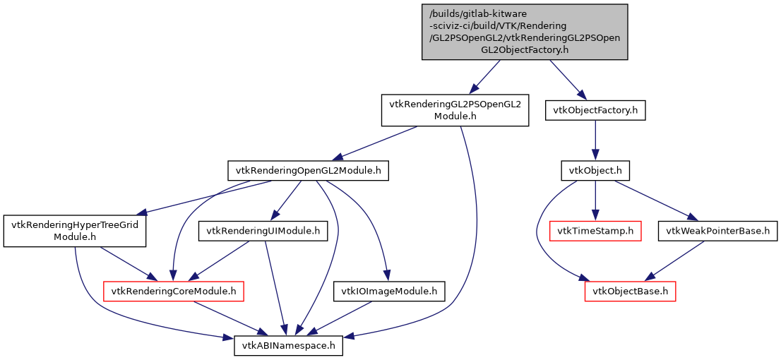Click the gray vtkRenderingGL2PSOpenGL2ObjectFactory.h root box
click(x=523, y=32)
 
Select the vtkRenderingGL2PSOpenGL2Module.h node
click(x=455, y=110)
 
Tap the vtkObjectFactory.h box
click(x=595, y=110)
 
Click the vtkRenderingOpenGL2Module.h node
click(x=309, y=170)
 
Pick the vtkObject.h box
click(x=595, y=170)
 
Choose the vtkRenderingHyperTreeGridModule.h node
click(x=74, y=231)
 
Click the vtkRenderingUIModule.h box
click(x=263, y=230)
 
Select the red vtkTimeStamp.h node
click(x=595, y=230)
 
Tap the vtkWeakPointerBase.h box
click(x=717, y=230)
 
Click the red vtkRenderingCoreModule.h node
click(x=174, y=291)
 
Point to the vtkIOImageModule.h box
click(x=389, y=291)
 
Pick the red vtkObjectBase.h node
click(x=630, y=291)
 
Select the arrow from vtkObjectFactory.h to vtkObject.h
click(x=595, y=140)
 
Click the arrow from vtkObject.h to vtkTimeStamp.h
click(x=595, y=200)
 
